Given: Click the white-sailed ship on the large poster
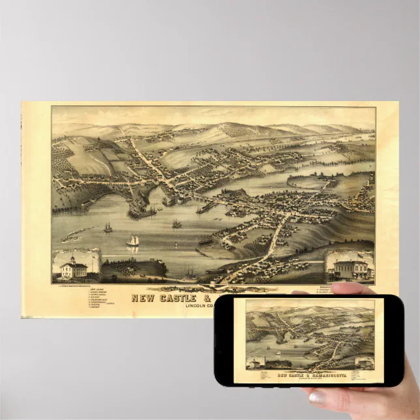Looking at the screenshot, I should click(x=133, y=241).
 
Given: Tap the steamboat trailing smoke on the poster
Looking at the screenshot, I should click(x=70, y=238).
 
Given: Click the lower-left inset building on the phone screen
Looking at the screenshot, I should click(x=255, y=363).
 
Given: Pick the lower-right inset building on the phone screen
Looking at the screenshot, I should click(x=363, y=363).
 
